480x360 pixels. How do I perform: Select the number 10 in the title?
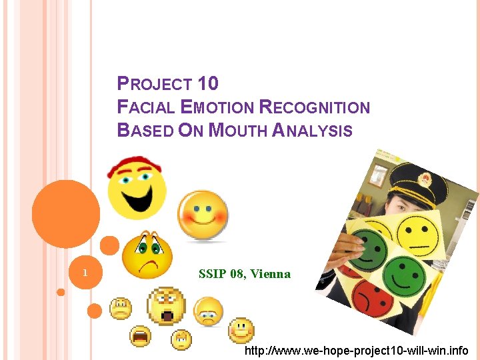click(x=208, y=84)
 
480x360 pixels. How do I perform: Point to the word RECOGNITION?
click(x=314, y=107)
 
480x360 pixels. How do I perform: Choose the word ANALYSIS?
click(x=313, y=130)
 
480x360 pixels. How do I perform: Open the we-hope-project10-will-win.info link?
click(x=357, y=351)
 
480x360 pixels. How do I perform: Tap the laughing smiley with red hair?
click(x=136, y=188)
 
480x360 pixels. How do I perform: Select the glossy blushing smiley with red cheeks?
click(x=203, y=216)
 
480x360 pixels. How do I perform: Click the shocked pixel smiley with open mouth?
click(x=167, y=306)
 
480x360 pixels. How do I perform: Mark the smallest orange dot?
click(x=61, y=292)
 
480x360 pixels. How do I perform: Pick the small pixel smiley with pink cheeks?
click(x=241, y=329)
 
